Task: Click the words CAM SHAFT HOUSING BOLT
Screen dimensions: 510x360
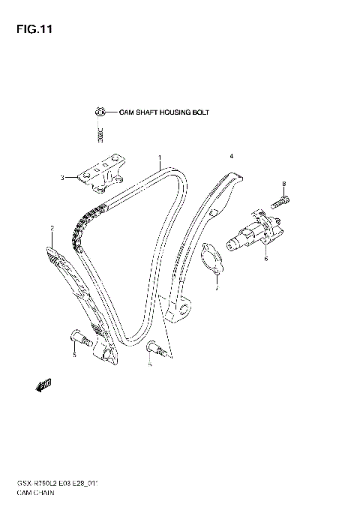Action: click(x=164, y=112)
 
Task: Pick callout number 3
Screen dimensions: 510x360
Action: click(x=63, y=178)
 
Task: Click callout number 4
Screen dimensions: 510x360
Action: click(x=232, y=155)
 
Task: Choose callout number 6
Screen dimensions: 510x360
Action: click(x=265, y=259)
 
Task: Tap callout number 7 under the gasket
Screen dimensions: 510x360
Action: click(x=215, y=286)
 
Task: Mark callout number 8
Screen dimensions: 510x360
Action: click(x=284, y=183)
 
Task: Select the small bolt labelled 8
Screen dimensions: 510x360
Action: click(x=280, y=199)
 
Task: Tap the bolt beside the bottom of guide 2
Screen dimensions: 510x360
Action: click(x=80, y=338)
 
